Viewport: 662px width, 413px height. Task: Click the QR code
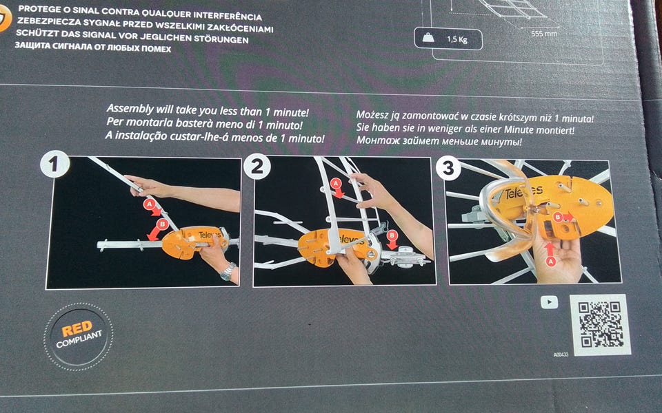[600, 324]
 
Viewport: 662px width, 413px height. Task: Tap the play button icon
[550, 301]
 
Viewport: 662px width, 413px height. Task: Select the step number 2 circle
[257, 166]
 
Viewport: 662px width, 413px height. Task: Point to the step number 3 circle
[448, 168]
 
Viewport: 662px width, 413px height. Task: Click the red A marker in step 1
[149, 204]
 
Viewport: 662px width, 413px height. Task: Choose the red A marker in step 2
[336, 183]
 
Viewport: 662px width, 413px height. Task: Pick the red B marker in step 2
[392, 235]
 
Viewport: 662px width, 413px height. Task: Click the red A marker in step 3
[550, 262]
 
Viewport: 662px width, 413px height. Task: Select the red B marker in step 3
[558, 217]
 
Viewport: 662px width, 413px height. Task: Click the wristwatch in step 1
[228, 271]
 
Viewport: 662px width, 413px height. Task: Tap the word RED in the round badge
[77, 328]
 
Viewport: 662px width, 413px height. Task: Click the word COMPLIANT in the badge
[79, 339]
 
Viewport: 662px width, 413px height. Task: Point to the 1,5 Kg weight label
[448, 39]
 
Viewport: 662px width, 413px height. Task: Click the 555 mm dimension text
[544, 33]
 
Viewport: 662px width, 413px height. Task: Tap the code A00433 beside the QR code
[561, 354]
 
